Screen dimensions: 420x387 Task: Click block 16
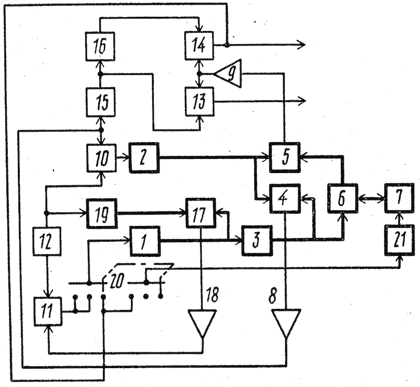coord(100,46)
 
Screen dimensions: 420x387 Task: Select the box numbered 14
coord(199,46)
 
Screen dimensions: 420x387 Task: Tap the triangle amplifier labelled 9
coord(230,73)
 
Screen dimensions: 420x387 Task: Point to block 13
coord(200,101)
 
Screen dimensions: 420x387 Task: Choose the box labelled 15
coord(101,102)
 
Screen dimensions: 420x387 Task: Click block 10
coord(101,158)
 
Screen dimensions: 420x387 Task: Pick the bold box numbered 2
coord(144,158)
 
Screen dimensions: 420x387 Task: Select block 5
coord(285,157)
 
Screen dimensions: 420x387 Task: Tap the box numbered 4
coord(285,198)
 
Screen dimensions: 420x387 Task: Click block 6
coord(343,198)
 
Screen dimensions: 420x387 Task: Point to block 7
coord(399,198)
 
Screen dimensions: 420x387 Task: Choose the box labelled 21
coord(399,240)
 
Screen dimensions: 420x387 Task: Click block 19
coord(101,213)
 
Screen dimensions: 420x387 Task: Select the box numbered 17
coord(201,213)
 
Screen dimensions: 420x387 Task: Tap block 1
coord(145,241)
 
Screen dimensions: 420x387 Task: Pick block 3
coord(257,240)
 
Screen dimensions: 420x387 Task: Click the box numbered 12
coord(47,241)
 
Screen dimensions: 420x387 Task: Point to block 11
coord(48,311)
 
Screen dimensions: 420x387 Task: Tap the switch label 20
coord(117,281)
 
